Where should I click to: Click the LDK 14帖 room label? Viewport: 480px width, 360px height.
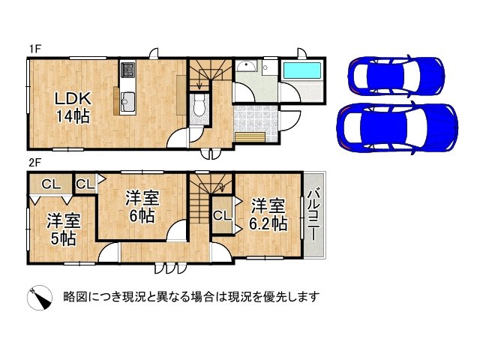click(73, 107)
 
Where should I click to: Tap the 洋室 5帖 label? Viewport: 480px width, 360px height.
click(64, 229)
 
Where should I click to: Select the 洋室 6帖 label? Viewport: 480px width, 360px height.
click(142, 207)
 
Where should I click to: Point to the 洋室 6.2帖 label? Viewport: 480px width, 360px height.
click(268, 214)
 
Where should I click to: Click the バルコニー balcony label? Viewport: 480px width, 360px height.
click(313, 216)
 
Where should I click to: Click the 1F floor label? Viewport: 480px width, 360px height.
click(35, 49)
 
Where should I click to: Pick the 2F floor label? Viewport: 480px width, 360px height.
click(35, 162)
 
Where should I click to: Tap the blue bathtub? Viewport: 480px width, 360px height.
click(301, 70)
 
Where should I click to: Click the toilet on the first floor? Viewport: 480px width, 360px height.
click(199, 106)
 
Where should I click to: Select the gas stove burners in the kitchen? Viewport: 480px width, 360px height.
click(128, 70)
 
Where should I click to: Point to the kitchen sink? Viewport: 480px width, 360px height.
click(128, 101)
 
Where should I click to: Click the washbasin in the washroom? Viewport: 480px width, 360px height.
click(247, 66)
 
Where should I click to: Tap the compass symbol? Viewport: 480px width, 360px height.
click(40, 297)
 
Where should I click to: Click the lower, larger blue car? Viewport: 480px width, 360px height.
click(397, 128)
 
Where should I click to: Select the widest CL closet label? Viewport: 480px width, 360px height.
click(51, 184)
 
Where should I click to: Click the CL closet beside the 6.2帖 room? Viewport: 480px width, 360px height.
click(222, 216)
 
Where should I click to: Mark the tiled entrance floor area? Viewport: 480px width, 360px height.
click(256, 124)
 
